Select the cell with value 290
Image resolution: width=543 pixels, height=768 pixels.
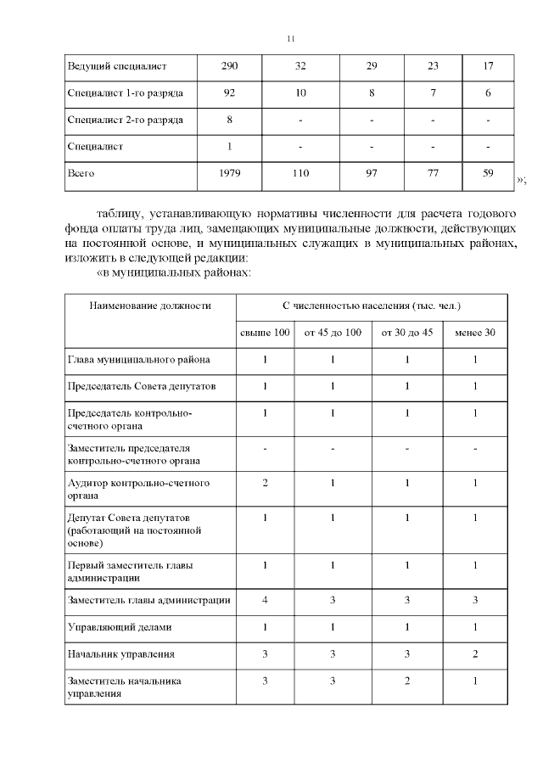pyautogui.click(x=229, y=65)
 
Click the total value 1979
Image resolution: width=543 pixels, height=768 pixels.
pyautogui.click(x=229, y=173)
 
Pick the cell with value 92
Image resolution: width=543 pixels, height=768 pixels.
pyautogui.click(x=229, y=92)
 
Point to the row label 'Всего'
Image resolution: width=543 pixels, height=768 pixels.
pyautogui.click(x=81, y=173)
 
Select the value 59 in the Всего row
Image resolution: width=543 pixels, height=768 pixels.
pyautogui.click(x=488, y=173)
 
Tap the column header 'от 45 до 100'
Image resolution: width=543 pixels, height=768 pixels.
pyautogui.click(x=333, y=332)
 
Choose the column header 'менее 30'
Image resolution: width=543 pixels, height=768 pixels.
pyautogui.click(x=475, y=332)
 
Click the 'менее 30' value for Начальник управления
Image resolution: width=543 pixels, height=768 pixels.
pyautogui.click(x=475, y=654)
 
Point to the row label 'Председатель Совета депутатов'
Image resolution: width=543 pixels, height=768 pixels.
pyautogui.click(x=142, y=386)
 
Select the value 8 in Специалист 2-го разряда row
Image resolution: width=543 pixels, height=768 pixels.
pyautogui.click(x=229, y=120)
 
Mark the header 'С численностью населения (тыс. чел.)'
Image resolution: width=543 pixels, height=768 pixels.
pyautogui.click(x=372, y=305)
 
